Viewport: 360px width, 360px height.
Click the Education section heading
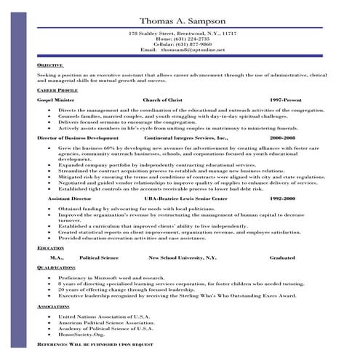pos(50,248)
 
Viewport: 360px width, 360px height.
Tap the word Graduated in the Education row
pos(281,257)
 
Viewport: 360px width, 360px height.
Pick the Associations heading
pos(54,306)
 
